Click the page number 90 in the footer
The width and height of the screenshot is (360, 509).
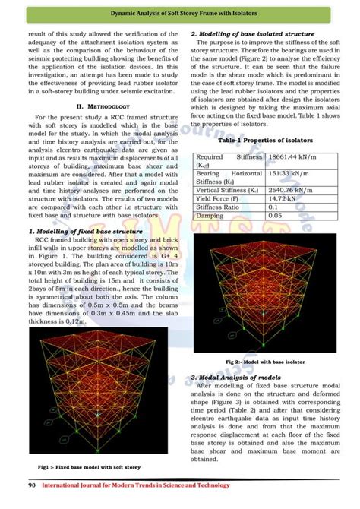tap(32, 485)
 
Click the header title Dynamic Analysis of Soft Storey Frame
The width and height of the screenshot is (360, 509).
tap(179, 14)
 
